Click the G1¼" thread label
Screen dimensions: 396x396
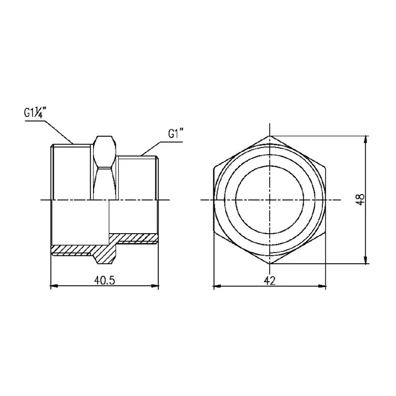(35, 113)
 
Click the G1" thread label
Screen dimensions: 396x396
(176, 133)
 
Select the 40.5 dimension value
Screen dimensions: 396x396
(104, 280)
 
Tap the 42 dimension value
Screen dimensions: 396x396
(269, 281)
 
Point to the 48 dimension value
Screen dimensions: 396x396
(360, 199)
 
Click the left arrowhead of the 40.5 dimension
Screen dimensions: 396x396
(54, 286)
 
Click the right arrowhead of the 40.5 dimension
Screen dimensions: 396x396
(155, 286)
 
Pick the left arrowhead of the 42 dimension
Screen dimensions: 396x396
(217, 287)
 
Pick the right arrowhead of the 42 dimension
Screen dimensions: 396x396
(322, 287)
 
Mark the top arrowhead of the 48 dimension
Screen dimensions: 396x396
(366, 140)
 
